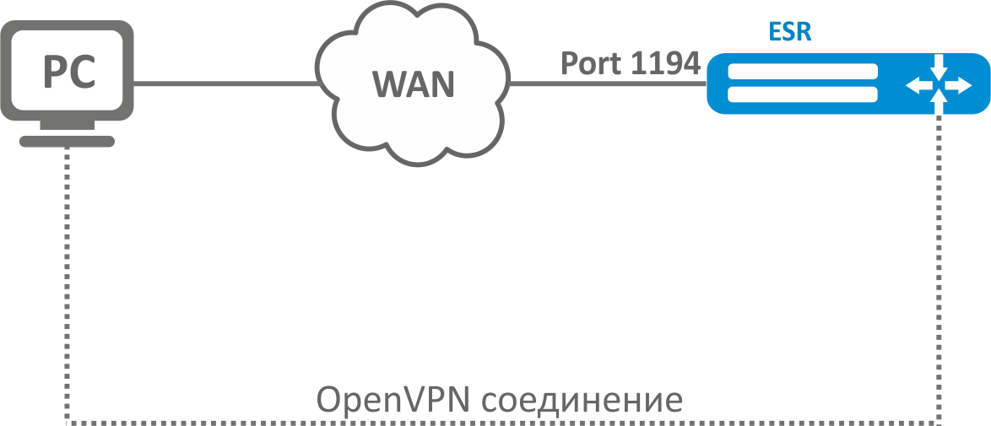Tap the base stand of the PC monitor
tap(67, 141)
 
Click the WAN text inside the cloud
tap(414, 84)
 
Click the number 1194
tap(667, 63)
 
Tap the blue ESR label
tap(790, 32)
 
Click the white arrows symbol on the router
tap(938, 84)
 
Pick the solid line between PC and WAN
tap(225, 84)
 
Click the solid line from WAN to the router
tap(608, 84)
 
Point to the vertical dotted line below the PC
tap(66, 287)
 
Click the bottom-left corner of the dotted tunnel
tap(66, 421)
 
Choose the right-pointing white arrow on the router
tap(959, 84)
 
